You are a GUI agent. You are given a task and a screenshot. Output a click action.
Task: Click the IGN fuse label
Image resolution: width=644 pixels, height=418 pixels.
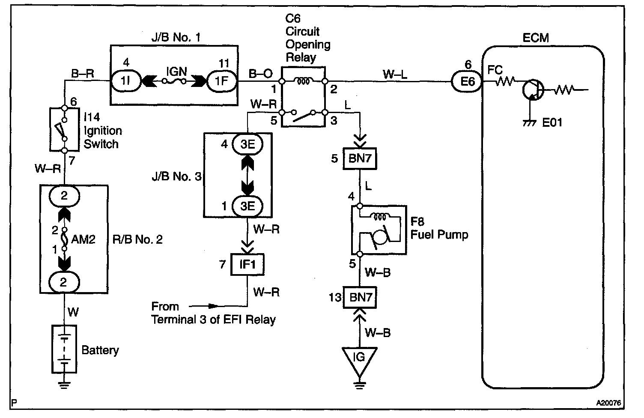point(176,71)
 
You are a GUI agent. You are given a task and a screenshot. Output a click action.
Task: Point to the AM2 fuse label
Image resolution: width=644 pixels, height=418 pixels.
point(83,239)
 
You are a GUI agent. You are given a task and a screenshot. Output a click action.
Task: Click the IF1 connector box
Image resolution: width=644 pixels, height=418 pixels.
point(247,264)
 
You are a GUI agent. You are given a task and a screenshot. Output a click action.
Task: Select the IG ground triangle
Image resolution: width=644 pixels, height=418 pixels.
point(360,358)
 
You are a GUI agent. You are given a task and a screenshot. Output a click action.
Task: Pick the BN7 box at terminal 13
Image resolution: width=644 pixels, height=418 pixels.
point(360,297)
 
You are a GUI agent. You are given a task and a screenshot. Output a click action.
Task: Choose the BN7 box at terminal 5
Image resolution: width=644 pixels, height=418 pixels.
point(360,159)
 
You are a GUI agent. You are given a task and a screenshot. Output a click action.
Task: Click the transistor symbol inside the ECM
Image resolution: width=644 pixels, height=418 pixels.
point(533,90)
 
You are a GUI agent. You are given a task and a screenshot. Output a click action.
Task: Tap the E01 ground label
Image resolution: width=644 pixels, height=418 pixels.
point(552,123)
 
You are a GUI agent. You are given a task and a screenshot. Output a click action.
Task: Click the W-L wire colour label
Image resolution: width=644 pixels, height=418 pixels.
point(395,74)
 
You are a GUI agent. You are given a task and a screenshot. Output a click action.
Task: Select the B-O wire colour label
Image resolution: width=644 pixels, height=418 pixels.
point(261,74)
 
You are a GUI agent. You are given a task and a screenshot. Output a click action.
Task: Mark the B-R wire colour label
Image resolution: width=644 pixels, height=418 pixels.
point(83,73)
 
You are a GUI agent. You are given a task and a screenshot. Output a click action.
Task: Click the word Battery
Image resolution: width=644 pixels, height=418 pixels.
point(100,350)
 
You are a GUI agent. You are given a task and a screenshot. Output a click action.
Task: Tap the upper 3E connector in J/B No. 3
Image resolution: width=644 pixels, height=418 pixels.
point(247,144)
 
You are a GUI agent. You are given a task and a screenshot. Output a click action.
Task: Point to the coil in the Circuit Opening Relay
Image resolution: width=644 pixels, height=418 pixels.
point(304,80)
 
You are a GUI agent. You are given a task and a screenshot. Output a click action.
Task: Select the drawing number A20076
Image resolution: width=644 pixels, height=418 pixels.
point(608,403)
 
